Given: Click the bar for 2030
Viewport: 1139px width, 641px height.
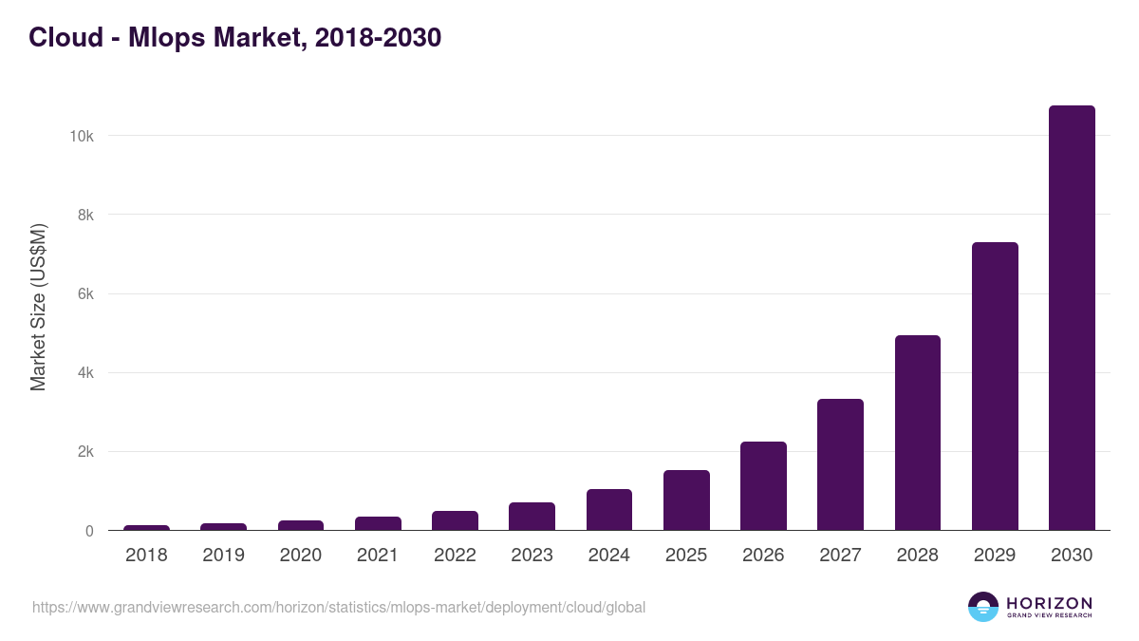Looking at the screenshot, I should (x=1072, y=318).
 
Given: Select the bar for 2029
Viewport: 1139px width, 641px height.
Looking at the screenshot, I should (x=995, y=386).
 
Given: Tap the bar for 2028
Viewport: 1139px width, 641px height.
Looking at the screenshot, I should (x=917, y=433).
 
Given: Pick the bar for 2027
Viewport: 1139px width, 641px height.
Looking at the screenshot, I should (x=840, y=464).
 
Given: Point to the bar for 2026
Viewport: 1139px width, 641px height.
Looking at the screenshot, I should (x=763, y=486).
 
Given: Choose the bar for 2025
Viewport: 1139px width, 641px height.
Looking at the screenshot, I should (x=686, y=500).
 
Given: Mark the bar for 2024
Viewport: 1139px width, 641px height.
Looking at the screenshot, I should (x=609, y=510).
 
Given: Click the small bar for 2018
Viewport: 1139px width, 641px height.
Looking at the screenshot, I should (x=146, y=528).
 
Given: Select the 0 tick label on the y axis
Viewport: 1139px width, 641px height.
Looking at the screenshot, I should (x=89, y=531).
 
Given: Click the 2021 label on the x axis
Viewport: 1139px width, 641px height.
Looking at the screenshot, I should (x=378, y=556).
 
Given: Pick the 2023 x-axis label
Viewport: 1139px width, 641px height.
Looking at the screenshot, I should (x=532, y=556).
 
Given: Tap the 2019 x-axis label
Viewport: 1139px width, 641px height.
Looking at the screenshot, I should (x=223, y=556).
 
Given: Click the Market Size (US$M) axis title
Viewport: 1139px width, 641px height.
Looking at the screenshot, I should (x=38, y=307).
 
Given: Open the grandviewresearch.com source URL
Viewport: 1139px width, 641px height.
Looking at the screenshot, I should (x=339, y=607).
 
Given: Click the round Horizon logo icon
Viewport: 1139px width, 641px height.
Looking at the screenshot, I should (x=983, y=607).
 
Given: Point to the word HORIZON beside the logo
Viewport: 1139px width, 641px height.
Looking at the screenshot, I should (x=1049, y=603).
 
